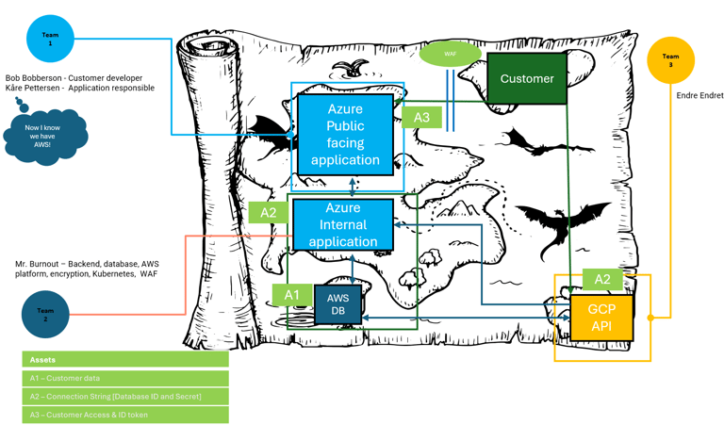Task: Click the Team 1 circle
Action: (50, 40)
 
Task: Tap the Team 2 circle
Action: (45, 314)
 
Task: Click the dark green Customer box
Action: (526, 78)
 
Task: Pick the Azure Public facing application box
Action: (345, 135)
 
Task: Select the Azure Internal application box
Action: (343, 224)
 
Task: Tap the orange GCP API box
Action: (601, 317)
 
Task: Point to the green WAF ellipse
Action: (450, 54)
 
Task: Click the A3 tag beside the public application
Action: (421, 117)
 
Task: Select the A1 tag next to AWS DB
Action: (292, 295)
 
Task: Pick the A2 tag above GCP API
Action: (601, 279)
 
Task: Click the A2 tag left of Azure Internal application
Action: (269, 212)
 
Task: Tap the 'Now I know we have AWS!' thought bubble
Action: (45, 136)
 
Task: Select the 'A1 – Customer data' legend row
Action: (124, 378)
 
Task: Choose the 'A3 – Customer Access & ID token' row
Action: (124, 415)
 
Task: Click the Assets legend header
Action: (124, 359)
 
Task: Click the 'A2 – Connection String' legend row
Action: (124, 397)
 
